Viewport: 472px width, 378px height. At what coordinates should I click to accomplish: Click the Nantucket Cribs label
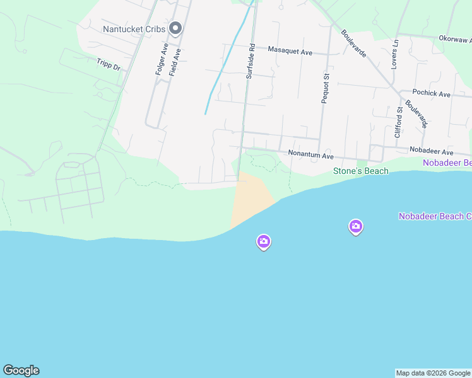(x=134, y=29)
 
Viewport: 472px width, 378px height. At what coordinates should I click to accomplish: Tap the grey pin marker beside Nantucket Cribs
(x=176, y=28)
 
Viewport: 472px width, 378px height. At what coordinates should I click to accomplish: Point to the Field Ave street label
(x=175, y=62)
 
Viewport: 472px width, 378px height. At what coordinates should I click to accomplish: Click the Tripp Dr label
(x=108, y=64)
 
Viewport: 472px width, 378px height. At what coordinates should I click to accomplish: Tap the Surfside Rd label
(x=250, y=60)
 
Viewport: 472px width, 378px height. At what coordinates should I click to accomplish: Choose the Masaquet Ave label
(x=290, y=50)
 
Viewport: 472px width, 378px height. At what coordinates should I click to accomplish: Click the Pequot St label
(x=326, y=89)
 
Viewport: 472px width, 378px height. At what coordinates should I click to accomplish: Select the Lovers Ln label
(x=395, y=54)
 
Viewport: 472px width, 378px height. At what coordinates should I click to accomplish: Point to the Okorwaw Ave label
(x=455, y=39)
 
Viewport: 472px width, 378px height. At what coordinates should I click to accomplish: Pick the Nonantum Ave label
(x=310, y=154)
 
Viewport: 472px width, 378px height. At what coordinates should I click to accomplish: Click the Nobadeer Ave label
(x=431, y=152)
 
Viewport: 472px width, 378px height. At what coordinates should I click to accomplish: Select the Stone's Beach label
(x=360, y=171)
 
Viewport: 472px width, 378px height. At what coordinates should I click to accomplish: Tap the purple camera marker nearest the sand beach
(x=263, y=241)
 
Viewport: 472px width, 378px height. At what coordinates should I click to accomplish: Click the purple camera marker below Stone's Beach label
(x=356, y=226)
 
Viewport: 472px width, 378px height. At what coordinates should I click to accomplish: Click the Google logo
(x=21, y=370)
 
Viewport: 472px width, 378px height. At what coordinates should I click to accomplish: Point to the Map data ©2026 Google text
(x=433, y=373)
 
